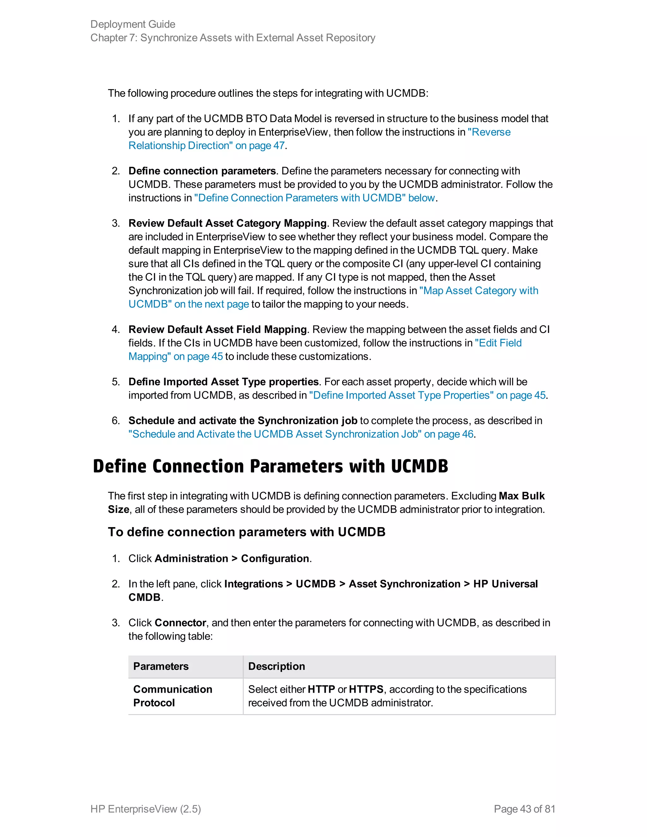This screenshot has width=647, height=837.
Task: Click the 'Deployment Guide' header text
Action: pos(133,24)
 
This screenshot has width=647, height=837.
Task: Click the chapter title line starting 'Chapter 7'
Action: pos(233,38)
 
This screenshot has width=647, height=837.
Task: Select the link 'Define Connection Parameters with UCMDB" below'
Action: pos(314,198)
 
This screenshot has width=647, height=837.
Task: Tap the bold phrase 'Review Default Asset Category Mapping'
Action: pos(227,223)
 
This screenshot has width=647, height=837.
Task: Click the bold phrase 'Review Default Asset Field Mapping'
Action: pos(217,329)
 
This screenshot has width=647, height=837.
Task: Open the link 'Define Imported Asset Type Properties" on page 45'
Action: pos(427,395)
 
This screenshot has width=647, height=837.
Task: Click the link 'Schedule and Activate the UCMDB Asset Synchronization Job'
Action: pos(300,434)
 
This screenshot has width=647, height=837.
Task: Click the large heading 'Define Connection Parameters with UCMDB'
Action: pos(270,467)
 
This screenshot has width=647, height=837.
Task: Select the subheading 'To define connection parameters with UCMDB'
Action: pos(246,532)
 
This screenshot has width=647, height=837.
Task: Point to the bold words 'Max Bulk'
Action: pos(521,496)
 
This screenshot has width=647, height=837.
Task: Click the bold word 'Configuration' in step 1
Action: pos(275,558)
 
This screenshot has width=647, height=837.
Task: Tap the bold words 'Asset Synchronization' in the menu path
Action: pos(404,584)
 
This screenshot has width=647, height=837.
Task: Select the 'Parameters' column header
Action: pos(161,666)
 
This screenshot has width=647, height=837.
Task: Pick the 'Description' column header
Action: pos(276,666)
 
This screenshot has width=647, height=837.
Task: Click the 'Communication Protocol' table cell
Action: pos(172,696)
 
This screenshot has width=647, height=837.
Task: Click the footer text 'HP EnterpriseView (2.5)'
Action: pos(146,809)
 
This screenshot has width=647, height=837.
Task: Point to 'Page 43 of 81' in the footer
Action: pos(524,809)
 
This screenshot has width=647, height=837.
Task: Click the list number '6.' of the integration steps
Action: pos(116,420)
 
